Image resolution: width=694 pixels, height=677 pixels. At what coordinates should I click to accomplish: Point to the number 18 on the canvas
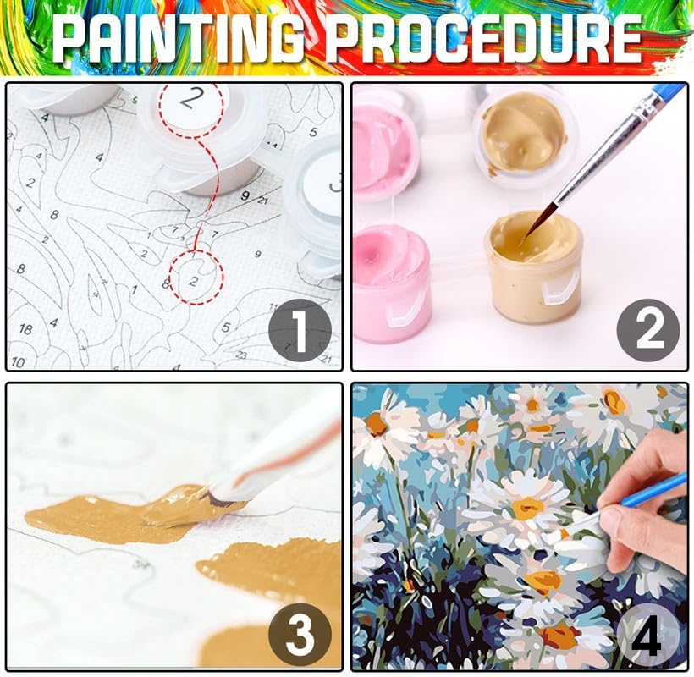tap(25, 329)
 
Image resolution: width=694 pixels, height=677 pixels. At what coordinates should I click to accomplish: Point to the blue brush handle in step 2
tap(669, 91)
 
